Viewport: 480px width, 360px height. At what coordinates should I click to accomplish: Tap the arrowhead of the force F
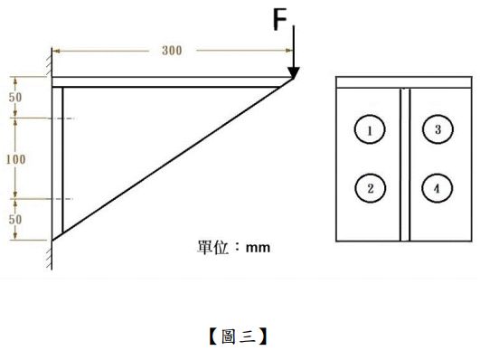pyautogui.click(x=294, y=72)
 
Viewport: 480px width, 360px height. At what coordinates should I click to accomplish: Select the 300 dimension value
pyautogui.click(x=172, y=50)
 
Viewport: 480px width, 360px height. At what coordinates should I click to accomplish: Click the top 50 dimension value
pyautogui.click(x=15, y=97)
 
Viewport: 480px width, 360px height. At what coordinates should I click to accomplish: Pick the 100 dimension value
pyautogui.click(x=15, y=158)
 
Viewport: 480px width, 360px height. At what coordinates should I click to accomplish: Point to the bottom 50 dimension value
pyautogui.click(x=15, y=220)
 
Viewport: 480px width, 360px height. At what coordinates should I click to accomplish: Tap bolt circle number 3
pyautogui.click(x=438, y=129)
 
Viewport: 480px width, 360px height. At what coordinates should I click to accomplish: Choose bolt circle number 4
pyautogui.click(x=438, y=188)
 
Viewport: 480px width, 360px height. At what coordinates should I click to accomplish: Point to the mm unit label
pyautogui.click(x=259, y=246)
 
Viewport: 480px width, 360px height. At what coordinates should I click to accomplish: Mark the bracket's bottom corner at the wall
pyautogui.click(x=52, y=239)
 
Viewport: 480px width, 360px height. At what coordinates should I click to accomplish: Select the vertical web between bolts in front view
pyautogui.click(x=403, y=163)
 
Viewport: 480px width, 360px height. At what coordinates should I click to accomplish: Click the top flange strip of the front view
pyautogui.click(x=403, y=82)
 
